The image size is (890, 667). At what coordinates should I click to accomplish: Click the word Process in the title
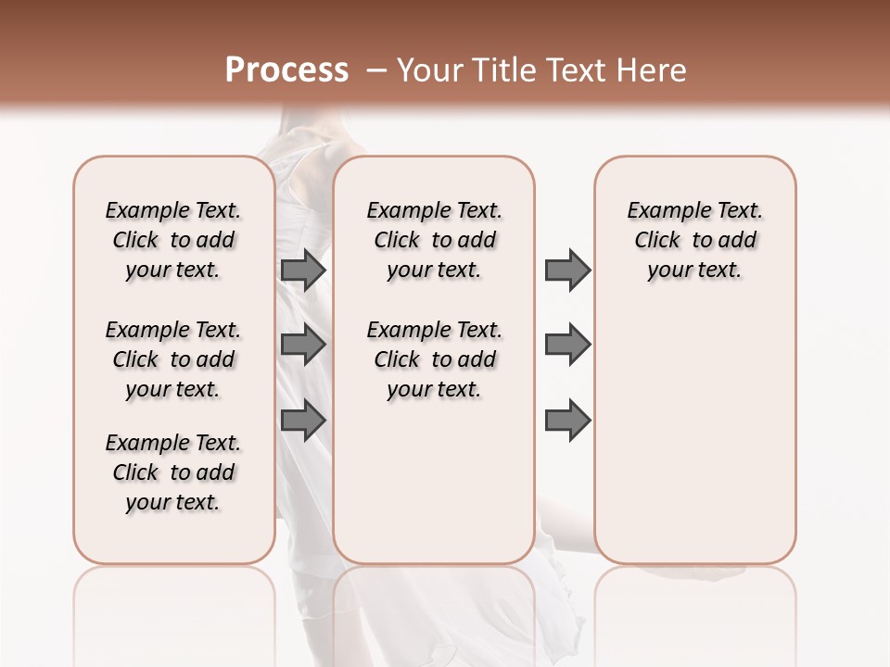pyautogui.click(x=286, y=69)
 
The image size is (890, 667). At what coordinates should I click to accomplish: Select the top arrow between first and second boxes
pyautogui.click(x=303, y=271)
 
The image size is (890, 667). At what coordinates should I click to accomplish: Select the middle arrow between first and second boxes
pyautogui.click(x=303, y=346)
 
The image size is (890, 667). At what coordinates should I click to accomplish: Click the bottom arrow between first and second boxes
pyautogui.click(x=303, y=420)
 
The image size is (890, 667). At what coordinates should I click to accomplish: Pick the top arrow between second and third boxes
pyautogui.click(x=567, y=271)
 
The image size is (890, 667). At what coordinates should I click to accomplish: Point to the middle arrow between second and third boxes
pyautogui.click(x=567, y=346)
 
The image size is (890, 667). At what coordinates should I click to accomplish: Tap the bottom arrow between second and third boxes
pyautogui.click(x=567, y=420)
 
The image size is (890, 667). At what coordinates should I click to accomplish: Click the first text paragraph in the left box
pyautogui.click(x=173, y=240)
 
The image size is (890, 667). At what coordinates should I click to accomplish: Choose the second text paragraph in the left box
pyautogui.click(x=173, y=359)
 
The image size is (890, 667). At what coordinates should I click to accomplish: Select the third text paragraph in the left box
pyautogui.click(x=173, y=472)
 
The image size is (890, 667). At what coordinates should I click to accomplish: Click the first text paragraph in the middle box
pyautogui.click(x=435, y=240)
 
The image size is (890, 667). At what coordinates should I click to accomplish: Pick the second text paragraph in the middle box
pyautogui.click(x=435, y=359)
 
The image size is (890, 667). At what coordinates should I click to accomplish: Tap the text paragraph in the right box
pyautogui.click(x=695, y=240)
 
